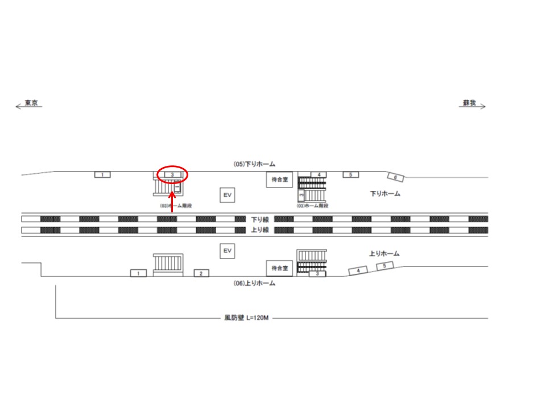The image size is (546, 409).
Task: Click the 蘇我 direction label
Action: [x=469, y=103]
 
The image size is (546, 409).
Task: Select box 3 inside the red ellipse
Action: [x=172, y=174]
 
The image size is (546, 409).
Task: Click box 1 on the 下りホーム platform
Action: [x=102, y=174]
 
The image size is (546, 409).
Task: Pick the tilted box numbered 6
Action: [x=396, y=177]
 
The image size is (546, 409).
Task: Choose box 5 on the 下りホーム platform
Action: [x=351, y=174]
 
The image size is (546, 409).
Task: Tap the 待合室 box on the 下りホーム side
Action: [x=279, y=180]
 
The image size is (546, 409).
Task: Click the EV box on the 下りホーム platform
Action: [x=227, y=195]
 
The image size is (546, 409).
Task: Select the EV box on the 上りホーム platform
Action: [x=227, y=251]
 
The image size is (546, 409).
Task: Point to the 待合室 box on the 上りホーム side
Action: [x=279, y=268]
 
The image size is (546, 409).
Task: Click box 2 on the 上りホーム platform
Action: [x=201, y=273]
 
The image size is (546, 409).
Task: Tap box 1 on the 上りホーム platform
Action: [x=138, y=273]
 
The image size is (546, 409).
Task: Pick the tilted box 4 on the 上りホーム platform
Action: [x=358, y=271]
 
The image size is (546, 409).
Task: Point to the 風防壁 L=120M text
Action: [x=246, y=319]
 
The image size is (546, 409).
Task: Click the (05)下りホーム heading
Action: [x=255, y=164]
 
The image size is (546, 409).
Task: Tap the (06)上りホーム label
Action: [x=255, y=283]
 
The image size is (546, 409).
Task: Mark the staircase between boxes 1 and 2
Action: [x=168, y=264]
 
